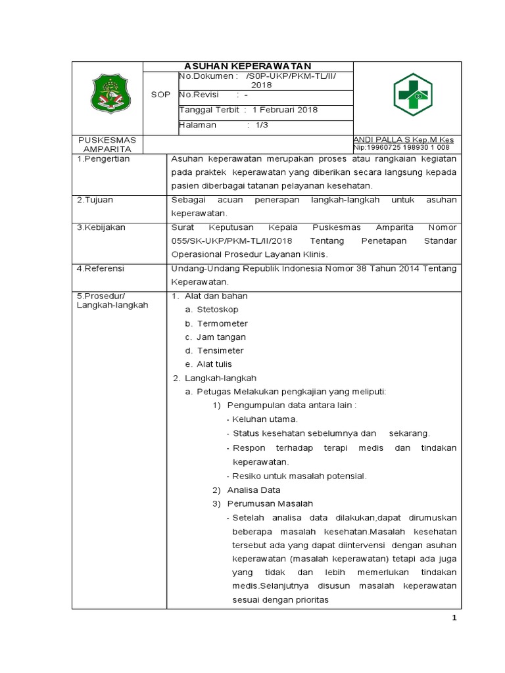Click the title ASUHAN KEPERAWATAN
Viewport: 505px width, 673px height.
(248, 66)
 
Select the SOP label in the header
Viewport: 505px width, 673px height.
(160, 95)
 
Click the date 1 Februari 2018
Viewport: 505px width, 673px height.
(285, 110)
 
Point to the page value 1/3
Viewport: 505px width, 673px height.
(262, 125)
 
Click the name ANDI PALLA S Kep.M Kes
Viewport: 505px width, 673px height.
(403, 140)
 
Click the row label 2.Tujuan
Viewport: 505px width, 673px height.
(96, 199)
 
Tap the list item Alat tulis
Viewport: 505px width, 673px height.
(214, 364)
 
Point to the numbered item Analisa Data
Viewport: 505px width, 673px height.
(253, 490)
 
